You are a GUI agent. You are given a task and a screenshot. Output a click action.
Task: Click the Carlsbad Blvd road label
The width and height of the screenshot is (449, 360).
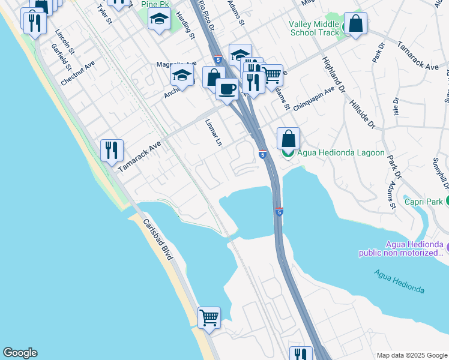tap(158, 239)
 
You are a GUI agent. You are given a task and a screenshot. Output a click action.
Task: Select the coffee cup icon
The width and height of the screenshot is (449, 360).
tap(227, 89)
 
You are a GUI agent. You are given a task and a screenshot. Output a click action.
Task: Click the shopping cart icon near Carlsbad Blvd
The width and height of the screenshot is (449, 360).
tap(209, 317)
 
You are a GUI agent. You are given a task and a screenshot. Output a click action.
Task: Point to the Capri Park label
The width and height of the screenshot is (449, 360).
tap(424, 202)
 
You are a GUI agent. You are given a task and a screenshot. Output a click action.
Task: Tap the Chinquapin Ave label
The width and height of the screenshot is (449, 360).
tap(313, 97)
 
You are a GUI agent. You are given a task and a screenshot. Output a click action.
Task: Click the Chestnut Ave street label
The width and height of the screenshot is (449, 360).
tap(77, 72)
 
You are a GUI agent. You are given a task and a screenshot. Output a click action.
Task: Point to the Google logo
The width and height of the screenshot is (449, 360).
tap(20, 353)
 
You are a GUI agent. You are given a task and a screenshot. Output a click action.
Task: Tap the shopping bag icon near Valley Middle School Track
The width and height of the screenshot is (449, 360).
tap(355, 24)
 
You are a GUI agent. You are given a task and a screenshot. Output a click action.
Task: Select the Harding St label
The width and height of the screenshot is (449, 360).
tap(187, 28)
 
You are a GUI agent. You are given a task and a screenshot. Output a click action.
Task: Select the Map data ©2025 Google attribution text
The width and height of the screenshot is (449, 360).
tap(411, 355)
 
